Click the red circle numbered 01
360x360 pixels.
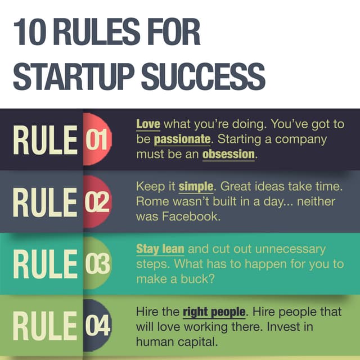pyautogui.click(x=97, y=138)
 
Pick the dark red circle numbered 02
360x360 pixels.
pyautogui.click(x=97, y=201)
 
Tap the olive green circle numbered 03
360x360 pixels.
pyautogui.click(x=97, y=263)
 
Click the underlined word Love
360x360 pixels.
pyautogui.click(x=148, y=124)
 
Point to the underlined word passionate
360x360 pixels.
pyautogui.click(x=182, y=139)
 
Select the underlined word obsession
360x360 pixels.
pyautogui.click(x=228, y=154)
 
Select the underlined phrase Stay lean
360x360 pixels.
pyautogui.click(x=160, y=248)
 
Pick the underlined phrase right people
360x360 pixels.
pyautogui.click(x=214, y=311)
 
